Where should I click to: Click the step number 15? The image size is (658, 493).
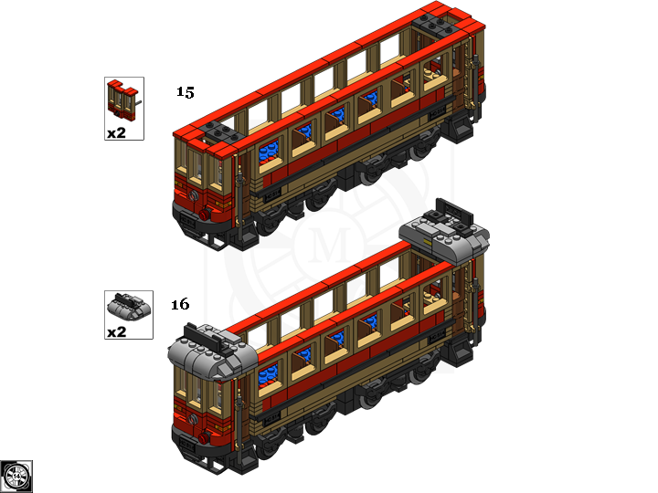(185, 92)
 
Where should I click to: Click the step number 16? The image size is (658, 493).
(180, 304)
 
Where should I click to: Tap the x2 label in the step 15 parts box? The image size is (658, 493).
(116, 133)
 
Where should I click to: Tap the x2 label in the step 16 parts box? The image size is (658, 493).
(116, 332)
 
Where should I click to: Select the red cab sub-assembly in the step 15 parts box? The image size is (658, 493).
(123, 100)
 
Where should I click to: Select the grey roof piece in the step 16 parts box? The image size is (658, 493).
(129, 307)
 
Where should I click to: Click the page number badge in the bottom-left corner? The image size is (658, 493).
(16, 477)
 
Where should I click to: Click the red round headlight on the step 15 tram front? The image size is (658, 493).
(205, 215)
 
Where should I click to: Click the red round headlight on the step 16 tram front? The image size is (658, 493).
(204, 438)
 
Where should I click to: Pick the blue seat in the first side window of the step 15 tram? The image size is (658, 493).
(269, 152)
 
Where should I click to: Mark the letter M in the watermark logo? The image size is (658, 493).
(329, 245)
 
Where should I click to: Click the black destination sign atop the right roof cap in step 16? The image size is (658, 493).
(454, 212)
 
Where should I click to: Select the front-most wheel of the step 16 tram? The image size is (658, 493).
(266, 447)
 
